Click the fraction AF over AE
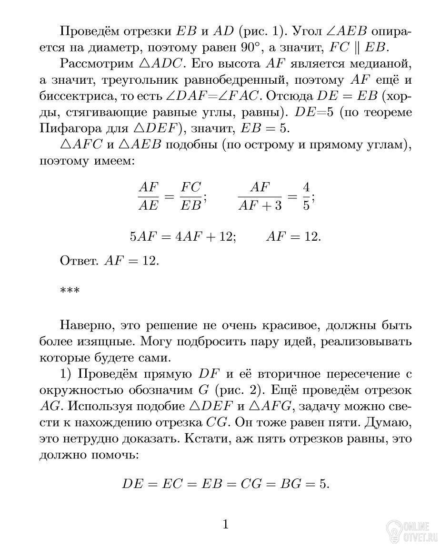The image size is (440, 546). (148, 195)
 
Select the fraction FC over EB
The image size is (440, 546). (191, 195)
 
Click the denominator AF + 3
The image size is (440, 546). (260, 205)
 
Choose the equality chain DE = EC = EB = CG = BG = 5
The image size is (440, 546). (226, 484)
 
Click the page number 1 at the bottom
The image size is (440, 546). (226, 525)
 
